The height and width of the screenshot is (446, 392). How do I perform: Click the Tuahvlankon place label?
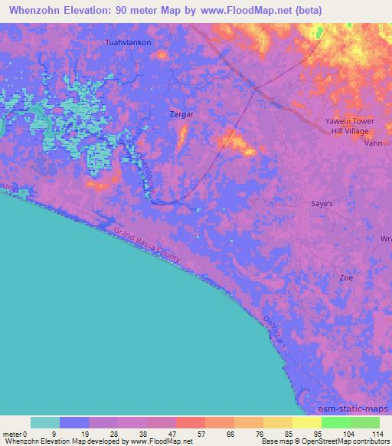pyautogui.click(x=129, y=43)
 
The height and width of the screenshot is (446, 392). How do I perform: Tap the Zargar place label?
pyautogui.click(x=182, y=113)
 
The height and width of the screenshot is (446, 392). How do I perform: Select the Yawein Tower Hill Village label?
pyautogui.click(x=346, y=126)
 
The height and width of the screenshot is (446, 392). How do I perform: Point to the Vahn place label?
pyautogui.click(x=373, y=143)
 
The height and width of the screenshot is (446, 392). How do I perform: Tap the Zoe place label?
pyautogui.click(x=346, y=277)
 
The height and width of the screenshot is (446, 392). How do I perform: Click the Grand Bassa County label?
pyautogui.click(x=147, y=245)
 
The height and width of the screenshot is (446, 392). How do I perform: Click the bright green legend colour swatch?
pyautogui.click(x=335, y=422)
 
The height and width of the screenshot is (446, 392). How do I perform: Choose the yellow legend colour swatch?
pyautogui.click(x=306, y=422)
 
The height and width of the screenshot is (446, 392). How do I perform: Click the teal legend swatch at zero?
pyautogui.click(x=45, y=422)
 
